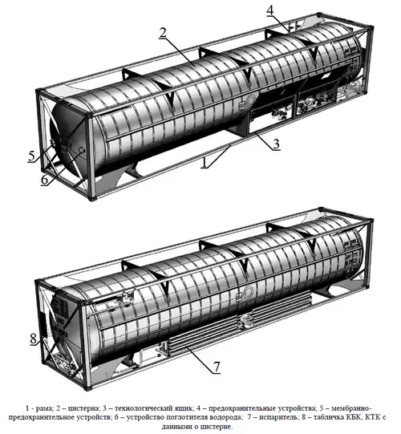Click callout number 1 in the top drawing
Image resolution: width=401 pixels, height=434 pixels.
pos(205,162)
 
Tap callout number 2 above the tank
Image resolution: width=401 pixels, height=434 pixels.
pos(163,33)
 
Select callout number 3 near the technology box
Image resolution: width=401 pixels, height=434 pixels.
pos(276,144)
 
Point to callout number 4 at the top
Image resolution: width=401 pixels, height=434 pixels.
pos(269,10)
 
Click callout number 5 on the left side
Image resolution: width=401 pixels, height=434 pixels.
pos(32,156)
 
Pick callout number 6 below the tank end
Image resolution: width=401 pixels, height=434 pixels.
pos(45,180)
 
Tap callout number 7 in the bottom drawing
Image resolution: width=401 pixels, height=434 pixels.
pos(217,367)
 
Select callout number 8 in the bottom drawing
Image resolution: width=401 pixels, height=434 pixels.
pos(33,339)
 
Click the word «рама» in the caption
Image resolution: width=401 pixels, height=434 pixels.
pos(44,408)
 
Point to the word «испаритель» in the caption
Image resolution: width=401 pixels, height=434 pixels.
pos(277,417)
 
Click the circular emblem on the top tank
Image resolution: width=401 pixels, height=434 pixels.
pos(250,100)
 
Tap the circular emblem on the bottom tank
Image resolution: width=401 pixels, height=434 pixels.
pos(249,293)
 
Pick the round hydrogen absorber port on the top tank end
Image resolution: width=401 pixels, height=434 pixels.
pos(82,150)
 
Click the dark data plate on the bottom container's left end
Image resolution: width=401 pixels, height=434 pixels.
pos(43,324)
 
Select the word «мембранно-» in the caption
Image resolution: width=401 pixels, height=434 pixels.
pos(351,408)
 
